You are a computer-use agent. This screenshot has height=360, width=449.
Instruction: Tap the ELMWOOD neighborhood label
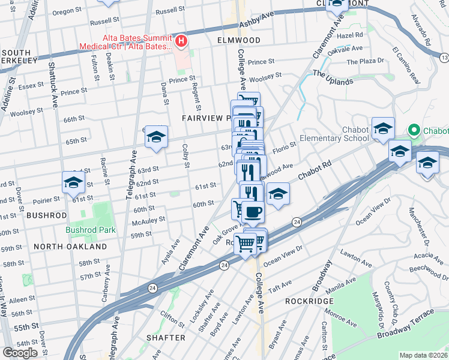239,40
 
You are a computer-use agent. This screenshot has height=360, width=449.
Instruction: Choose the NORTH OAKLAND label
70,246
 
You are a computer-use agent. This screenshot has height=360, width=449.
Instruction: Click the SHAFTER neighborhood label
166,338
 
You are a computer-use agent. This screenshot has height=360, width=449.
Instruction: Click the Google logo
20,353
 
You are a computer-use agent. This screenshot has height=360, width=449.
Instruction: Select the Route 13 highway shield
444,58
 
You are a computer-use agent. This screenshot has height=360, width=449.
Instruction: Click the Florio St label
285,146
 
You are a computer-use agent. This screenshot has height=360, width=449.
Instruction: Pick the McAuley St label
149,220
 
